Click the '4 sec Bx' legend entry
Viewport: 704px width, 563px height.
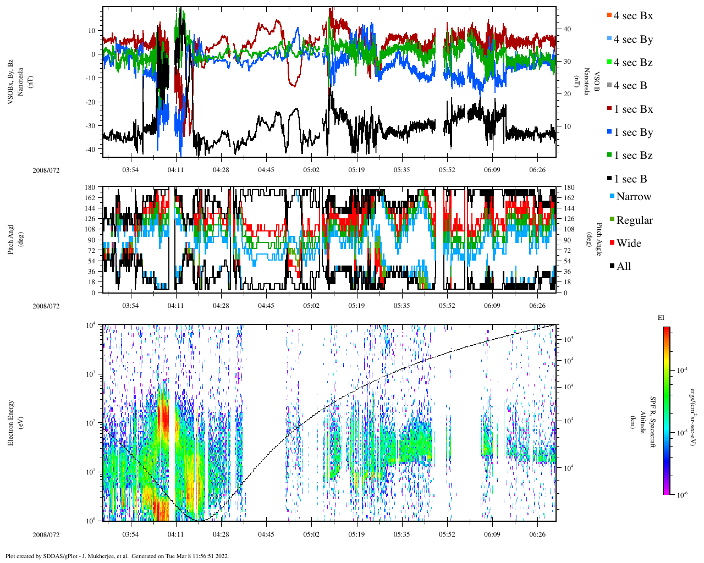633,16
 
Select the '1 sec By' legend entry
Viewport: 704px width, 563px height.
633,133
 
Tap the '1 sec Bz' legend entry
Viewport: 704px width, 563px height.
633,156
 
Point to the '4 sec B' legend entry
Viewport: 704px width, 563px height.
630,86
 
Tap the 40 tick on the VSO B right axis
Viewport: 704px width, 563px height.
567,30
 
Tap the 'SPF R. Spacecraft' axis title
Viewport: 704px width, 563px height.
653,422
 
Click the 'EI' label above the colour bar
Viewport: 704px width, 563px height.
661,318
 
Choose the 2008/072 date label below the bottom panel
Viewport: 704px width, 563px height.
46,534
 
